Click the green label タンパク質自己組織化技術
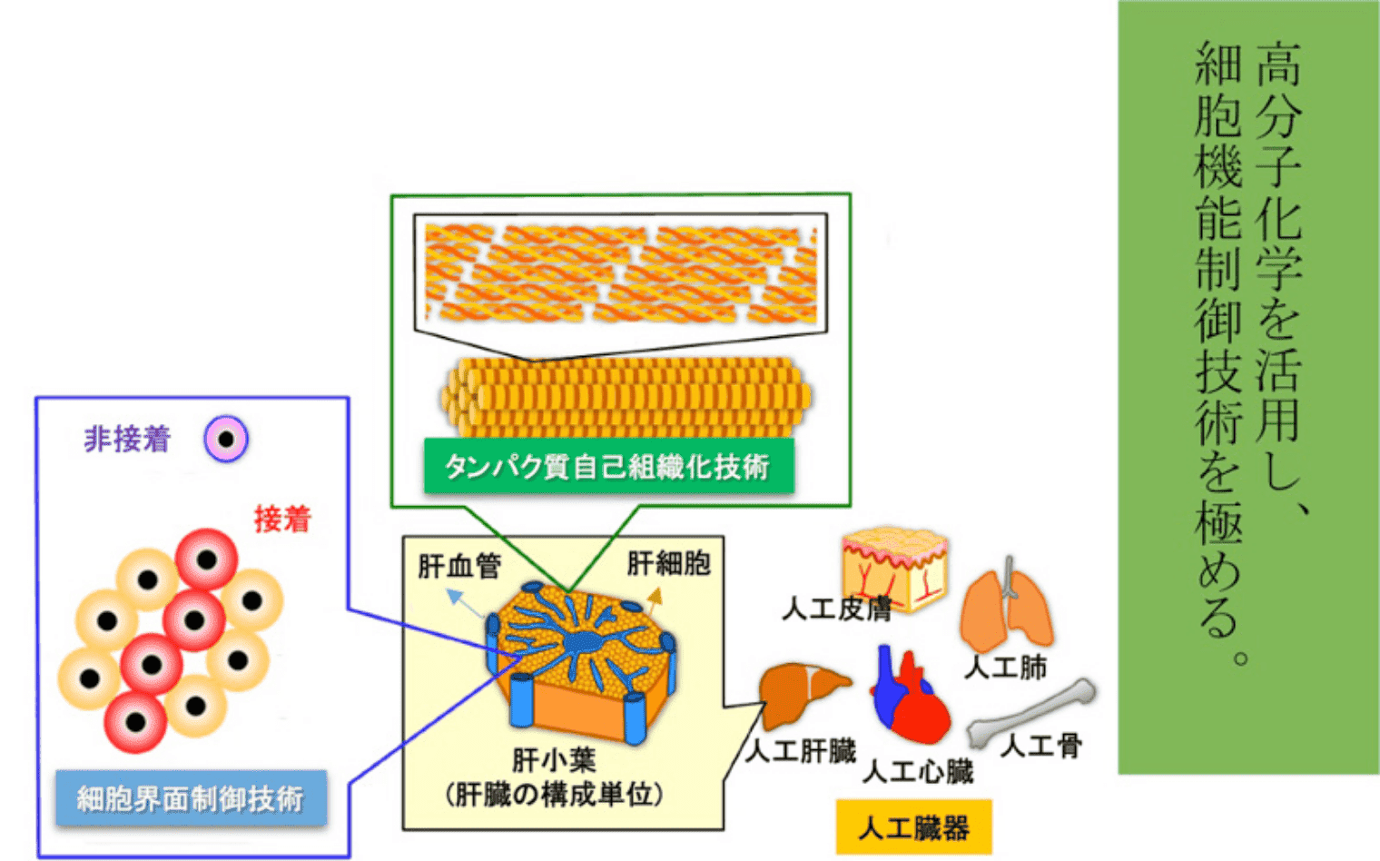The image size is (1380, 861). pyautogui.click(x=607, y=467)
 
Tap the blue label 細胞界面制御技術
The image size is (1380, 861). pyautogui.click(x=190, y=798)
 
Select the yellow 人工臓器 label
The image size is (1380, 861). pyautogui.click(x=912, y=827)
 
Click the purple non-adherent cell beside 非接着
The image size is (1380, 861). pyautogui.click(x=226, y=440)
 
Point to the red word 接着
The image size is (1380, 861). pyautogui.click(x=282, y=519)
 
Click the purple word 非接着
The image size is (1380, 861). pyautogui.click(x=127, y=440)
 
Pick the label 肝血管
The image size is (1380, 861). pyautogui.click(x=459, y=567)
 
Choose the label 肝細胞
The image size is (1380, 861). pyautogui.click(x=668, y=564)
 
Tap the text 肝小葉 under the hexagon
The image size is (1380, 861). pyautogui.click(x=554, y=759)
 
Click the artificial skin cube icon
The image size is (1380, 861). pyautogui.click(x=894, y=568)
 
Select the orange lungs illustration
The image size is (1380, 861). pyautogui.click(x=1007, y=609)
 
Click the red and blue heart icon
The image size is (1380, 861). pyautogui.click(x=908, y=695)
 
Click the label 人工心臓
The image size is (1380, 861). pyautogui.click(x=917, y=772)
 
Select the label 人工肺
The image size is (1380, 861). pyautogui.click(x=1005, y=668)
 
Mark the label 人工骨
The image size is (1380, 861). pyautogui.click(x=1041, y=747)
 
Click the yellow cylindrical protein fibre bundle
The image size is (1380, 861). pyautogui.click(x=626, y=397)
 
